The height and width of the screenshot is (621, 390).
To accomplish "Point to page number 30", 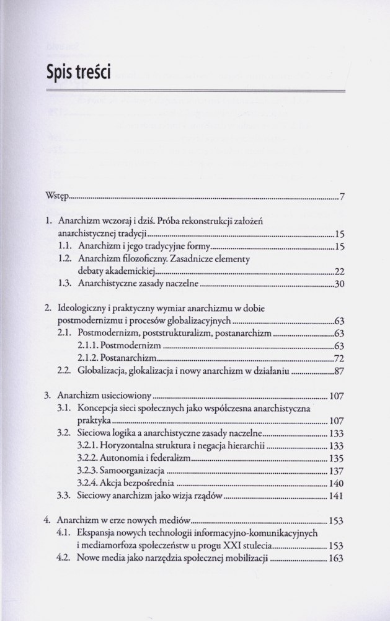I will pyautogui.click(x=339, y=286).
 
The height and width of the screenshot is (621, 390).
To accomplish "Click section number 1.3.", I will pyautogui.click(x=65, y=286).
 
